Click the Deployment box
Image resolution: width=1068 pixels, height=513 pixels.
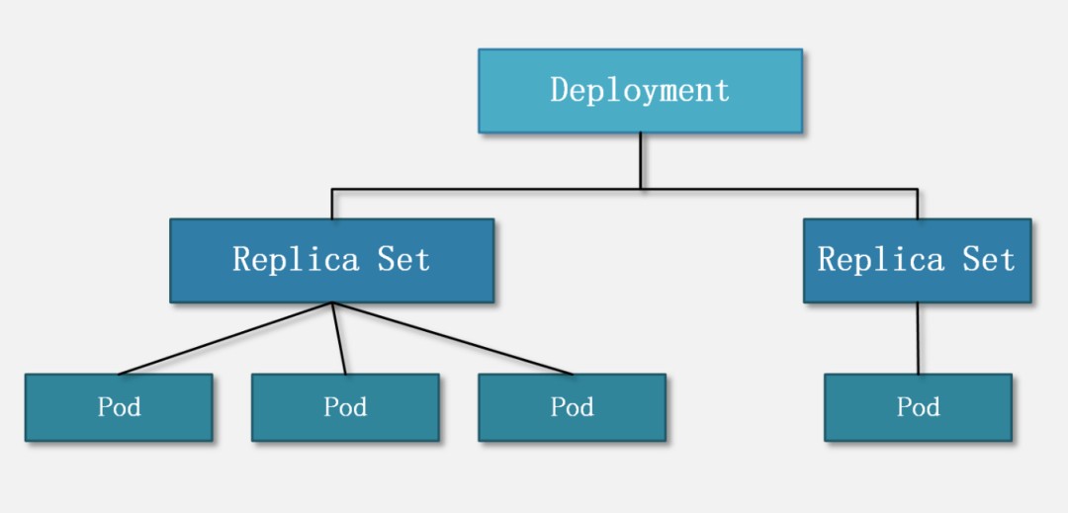pyautogui.click(x=640, y=91)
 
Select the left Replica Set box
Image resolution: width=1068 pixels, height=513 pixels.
pyautogui.click(x=331, y=260)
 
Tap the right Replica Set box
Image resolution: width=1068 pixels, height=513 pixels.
pyautogui.click(x=917, y=260)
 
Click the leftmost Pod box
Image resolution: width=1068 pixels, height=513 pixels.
pyautogui.click(x=119, y=407)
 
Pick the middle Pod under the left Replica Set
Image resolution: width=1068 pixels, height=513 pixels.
pyautogui.click(x=345, y=407)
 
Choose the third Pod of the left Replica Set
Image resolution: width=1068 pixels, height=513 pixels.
pyautogui.click(x=572, y=407)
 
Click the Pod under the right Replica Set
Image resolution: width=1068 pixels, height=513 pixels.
pyautogui.click(x=918, y=407)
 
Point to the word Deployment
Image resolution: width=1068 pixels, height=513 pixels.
pyautogui.click(x=640, y=91)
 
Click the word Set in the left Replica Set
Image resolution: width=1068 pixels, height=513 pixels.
pyautogui.click(x=403, y=260)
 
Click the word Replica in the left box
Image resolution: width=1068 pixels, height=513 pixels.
pyautogui.click(x=296, y=260)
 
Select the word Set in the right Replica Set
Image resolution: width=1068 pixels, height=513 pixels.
pyautogui.click(x=989, y=260)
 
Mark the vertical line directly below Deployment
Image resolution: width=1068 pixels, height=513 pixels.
pyautogui.click(x=640, y=160)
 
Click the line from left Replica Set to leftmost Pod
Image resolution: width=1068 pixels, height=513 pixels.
pyautogui.click(x=225, y=339)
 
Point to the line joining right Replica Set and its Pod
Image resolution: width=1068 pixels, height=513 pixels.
pyautogui.click(x=918, y=338)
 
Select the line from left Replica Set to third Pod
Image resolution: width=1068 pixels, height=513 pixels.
pyautogui.click(x=452, y=339)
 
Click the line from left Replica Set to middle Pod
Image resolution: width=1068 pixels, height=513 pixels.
pyautogui.click(x=338, y=339)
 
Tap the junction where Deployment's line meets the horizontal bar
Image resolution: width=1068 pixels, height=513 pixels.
pyautogui.click(x=640, y=189)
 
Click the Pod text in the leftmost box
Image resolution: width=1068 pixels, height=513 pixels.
pyautogui.click(x=119, y=407)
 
